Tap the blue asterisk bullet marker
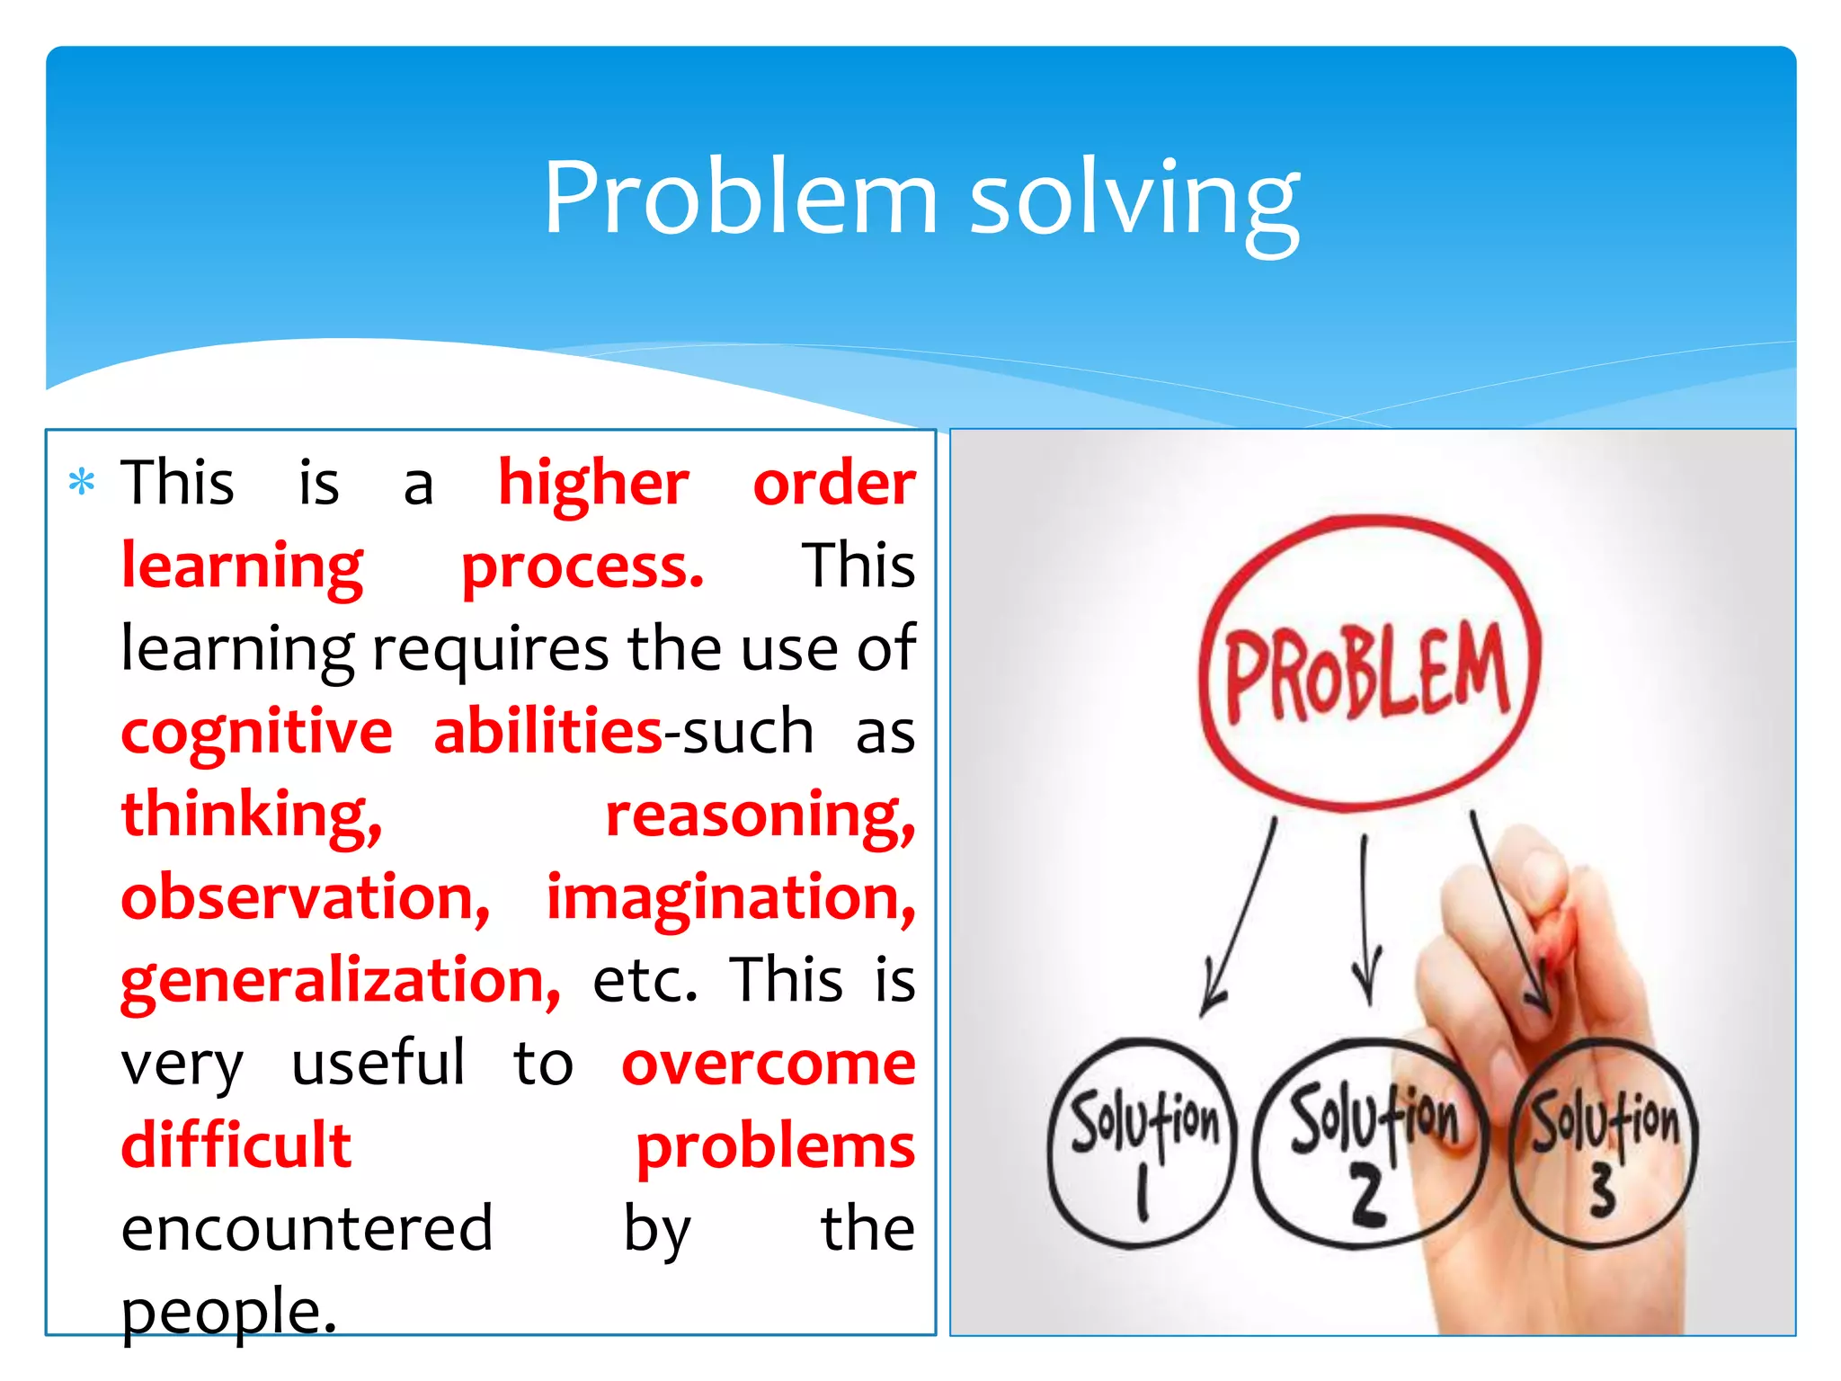82,483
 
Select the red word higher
593,484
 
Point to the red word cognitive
257,732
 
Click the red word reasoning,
760,815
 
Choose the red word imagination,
731,897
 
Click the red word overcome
769,1063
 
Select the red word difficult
236,1145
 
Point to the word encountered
307,1228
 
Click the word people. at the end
229,1311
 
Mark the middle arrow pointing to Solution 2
1365,917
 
